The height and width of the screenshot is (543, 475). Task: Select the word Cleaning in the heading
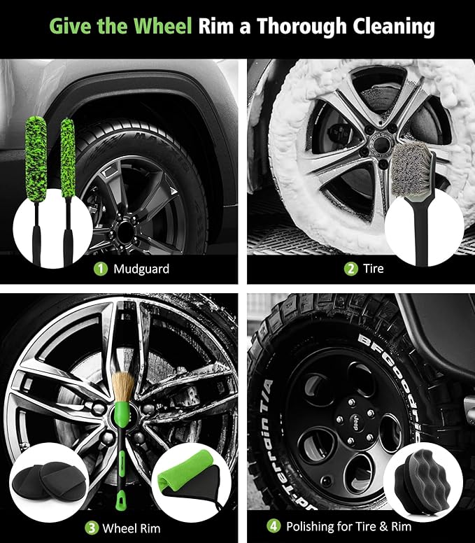(392, 27)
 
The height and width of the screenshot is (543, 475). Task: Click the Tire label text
(374, 269)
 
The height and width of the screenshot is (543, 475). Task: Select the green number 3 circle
(91, 526)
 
